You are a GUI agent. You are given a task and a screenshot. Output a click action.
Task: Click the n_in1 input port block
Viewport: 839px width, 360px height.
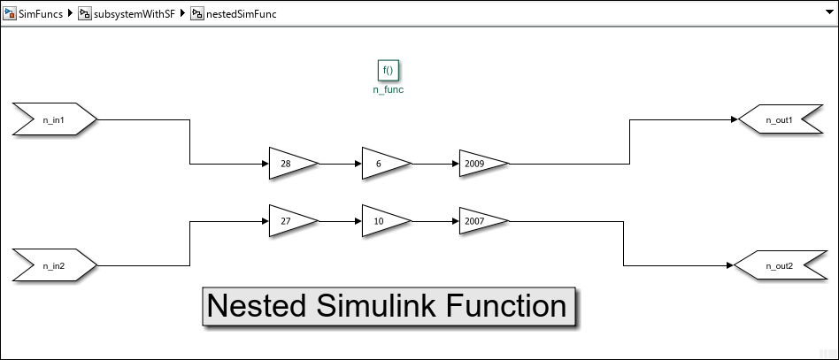pyautogui.click(x=54, y=119)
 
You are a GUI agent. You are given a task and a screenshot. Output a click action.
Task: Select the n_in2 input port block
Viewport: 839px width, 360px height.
pyautogui.click(x=54, y=265)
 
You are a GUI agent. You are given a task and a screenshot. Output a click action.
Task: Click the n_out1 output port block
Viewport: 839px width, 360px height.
pyautogui.click(x=780, y=119)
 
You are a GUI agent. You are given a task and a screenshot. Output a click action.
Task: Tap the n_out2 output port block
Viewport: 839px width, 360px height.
pyautogui.click(x=778, y=265)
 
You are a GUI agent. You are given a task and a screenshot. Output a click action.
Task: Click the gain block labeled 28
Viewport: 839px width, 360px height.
pyautogui.click(x=290, y=164)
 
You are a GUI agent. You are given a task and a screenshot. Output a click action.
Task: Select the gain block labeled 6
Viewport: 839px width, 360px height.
pyautogui.click(x=383, y=164)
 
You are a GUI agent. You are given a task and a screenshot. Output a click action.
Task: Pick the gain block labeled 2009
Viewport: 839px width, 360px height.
pyautogui.click(x=481, y=164)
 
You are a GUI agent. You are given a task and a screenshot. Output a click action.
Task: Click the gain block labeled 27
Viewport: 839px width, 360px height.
pyautogui.click(x=290, y=221)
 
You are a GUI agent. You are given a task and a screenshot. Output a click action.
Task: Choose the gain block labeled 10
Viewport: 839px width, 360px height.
pyautogui.click(x=383, y=221)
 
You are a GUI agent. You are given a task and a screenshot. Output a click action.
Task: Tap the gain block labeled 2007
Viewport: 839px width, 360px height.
pyautogui.click(x=481, y=221)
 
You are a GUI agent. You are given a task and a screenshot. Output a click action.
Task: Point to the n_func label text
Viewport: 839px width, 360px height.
pyautogui.click(x=389, y=89)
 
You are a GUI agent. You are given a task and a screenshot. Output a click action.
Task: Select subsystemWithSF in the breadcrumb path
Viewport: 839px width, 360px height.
pyautogui.click(x=133, y=15)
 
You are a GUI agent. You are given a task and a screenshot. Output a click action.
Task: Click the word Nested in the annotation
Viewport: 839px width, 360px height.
pyautogui.click(x=252, y=306)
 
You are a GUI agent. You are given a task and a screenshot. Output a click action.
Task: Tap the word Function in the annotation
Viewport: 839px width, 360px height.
pyautogui.click(x=505, y=306)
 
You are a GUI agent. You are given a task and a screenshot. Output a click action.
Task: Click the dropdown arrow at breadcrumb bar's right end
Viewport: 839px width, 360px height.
pyautogui.click(x=827, y=15)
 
